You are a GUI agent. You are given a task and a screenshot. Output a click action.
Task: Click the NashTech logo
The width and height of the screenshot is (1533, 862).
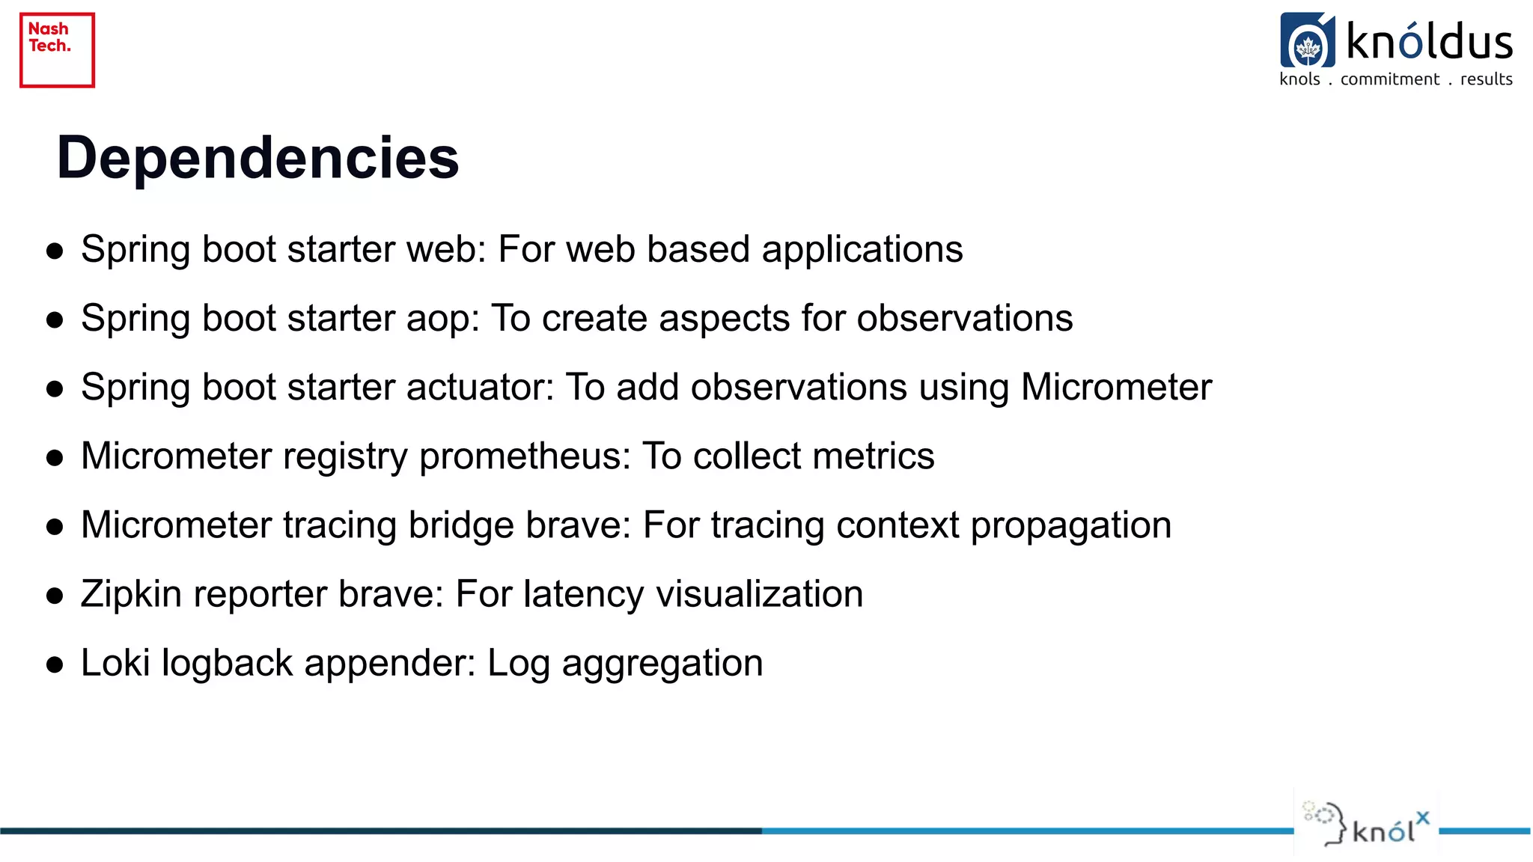57,50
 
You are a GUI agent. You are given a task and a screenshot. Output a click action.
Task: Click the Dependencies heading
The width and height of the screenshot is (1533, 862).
257,158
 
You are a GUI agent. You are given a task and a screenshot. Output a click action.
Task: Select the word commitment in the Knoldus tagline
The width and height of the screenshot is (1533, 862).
1389,79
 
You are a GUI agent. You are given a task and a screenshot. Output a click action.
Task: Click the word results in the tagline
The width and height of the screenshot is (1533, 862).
1486,79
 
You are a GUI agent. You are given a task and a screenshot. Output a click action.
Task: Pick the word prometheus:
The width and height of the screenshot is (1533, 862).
525,457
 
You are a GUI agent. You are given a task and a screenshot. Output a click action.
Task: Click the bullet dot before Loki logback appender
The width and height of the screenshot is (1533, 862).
54,664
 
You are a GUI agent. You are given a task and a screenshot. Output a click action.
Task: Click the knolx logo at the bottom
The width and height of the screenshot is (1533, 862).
1367,825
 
